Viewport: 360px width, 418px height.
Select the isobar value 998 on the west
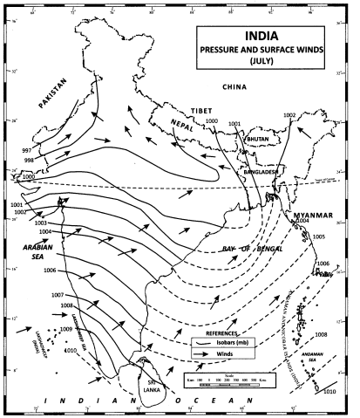[30, 161]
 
